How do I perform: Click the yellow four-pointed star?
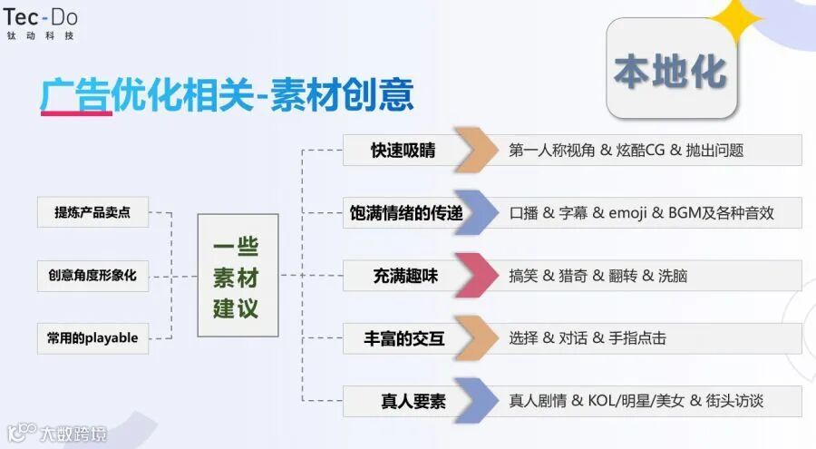(737, 20)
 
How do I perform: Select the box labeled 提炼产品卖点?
(92, 212)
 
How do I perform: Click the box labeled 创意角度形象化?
(92, 275)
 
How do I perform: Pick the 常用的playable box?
(92, 337)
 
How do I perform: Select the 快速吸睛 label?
(403, 151)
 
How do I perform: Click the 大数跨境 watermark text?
(72, 433)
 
